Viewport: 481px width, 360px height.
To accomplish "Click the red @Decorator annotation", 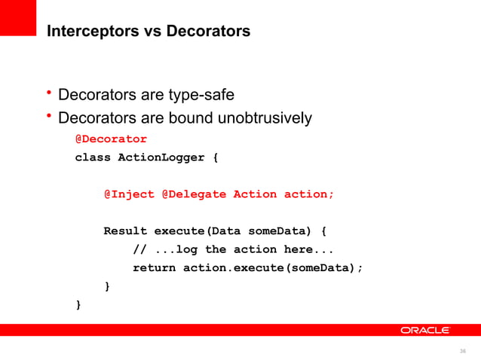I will [x=111, y=139].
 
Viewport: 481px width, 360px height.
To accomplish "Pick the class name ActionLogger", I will [x=161, y=157].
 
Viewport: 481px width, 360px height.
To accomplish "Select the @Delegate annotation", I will [x=193, y=194].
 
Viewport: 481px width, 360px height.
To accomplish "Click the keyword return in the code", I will [x=154, y=267].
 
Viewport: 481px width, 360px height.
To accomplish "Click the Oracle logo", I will [x=425, y=330].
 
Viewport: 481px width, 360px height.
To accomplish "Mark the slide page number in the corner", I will [x=463, y=350].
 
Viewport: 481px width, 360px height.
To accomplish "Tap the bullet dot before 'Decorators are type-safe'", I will [x=48, y=93].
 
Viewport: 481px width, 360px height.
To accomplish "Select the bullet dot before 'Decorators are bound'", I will [x=48, y=116].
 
